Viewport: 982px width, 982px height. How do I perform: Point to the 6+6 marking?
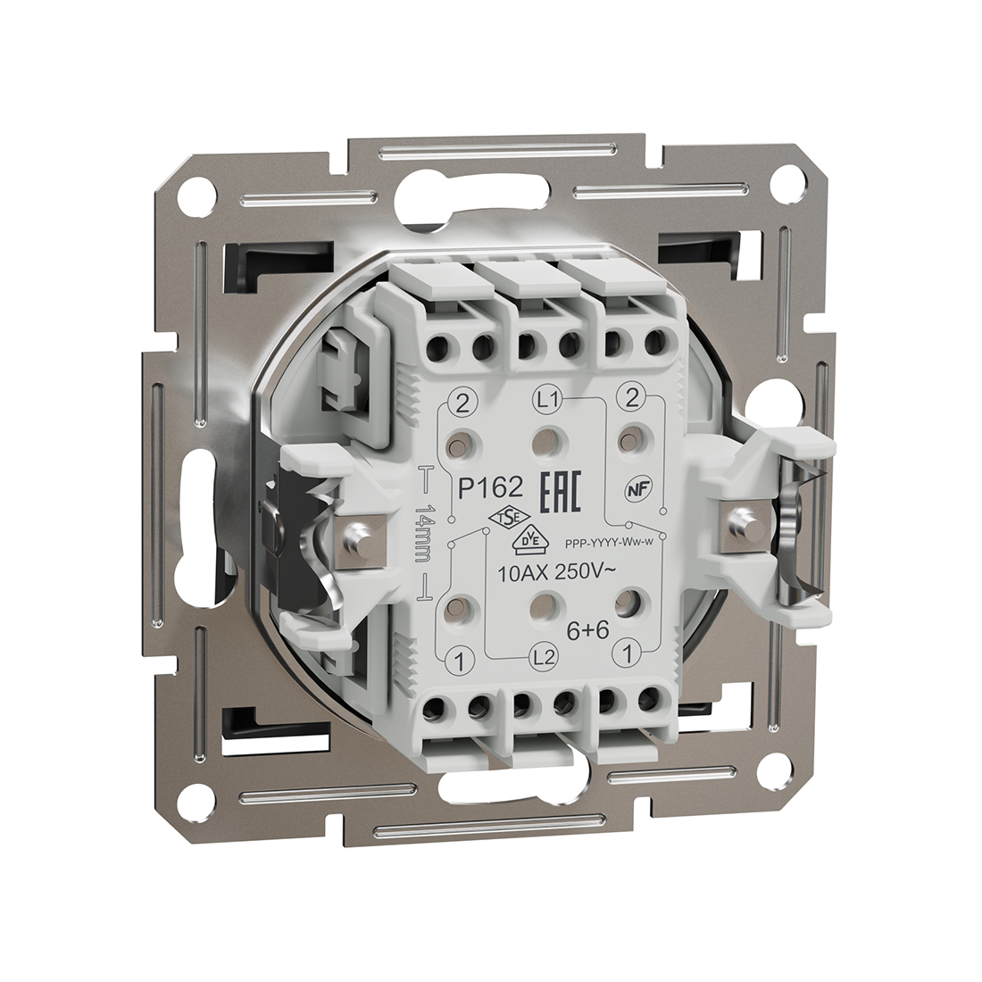pos(587,630)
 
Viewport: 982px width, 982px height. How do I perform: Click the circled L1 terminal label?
pos(547,400)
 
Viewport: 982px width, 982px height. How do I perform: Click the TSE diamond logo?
pos(502,520)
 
